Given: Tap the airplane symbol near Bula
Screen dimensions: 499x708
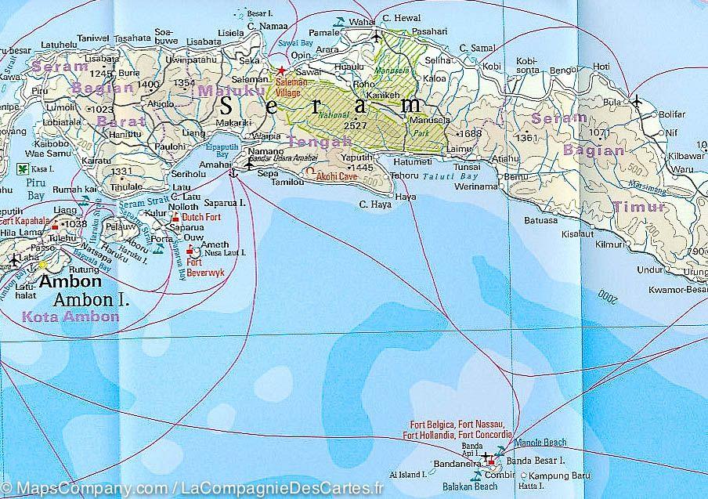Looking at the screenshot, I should [x=636, y=101].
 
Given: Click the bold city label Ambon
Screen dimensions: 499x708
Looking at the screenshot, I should [x=70, y=282].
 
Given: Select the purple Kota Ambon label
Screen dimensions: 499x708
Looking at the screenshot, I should [x=70, y=316].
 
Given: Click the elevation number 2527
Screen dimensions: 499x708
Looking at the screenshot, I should [x=356, y=125].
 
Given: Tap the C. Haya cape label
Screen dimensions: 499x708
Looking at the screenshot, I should [x=374, y=205].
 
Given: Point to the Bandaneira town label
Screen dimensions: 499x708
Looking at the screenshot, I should [x=456, y=463].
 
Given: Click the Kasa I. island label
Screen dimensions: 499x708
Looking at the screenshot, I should [x=40, y=168].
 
